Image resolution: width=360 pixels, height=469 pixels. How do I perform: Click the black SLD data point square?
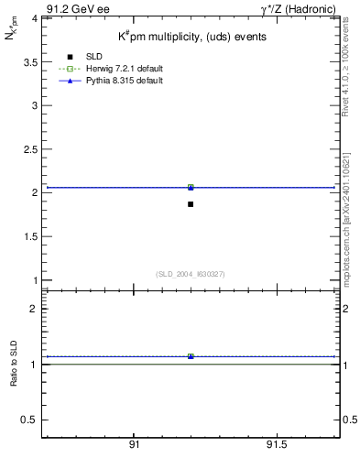191,203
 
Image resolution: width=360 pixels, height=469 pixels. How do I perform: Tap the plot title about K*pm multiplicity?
191,38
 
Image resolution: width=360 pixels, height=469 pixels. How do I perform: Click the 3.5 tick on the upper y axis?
31,61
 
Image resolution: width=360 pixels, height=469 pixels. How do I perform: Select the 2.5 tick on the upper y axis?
31,149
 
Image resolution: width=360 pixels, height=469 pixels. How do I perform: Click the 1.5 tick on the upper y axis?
31,236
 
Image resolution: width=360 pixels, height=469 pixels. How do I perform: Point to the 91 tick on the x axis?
134,444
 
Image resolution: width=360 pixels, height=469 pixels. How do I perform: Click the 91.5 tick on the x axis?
276,444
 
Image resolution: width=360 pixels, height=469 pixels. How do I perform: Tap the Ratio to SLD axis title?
14,377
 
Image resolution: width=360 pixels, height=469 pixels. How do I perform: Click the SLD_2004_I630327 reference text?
191,273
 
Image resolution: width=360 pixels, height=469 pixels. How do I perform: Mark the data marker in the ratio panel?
191,356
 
